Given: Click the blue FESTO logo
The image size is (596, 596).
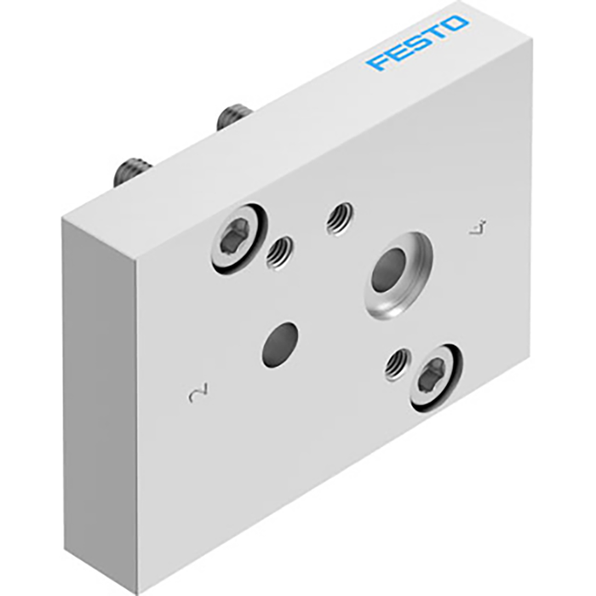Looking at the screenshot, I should (x=417, y=43).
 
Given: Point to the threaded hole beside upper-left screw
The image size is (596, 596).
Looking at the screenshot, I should (x=278, y=251).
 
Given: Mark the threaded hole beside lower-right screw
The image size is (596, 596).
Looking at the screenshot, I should (x=395, y=365).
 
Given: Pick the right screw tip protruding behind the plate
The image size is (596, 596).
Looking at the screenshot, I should (x=232, y=116).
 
